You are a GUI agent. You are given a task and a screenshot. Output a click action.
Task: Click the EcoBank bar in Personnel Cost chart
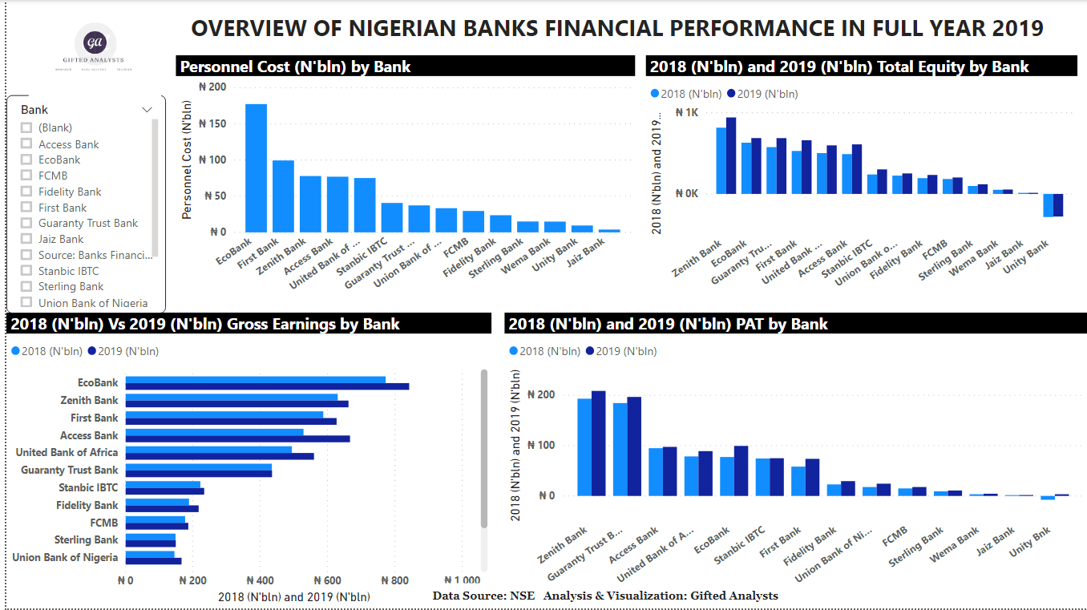256,168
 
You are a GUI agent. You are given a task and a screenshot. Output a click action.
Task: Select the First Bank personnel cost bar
283,196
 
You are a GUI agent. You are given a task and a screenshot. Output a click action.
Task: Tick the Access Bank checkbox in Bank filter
26,144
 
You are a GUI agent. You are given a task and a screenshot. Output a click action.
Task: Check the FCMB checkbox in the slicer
26,176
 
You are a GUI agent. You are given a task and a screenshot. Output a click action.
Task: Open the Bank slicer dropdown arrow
147,110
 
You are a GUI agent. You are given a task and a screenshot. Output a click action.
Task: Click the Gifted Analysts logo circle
95,42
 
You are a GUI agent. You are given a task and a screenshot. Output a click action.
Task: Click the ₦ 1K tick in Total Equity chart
686,113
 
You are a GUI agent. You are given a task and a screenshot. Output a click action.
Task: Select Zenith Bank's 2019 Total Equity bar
731,156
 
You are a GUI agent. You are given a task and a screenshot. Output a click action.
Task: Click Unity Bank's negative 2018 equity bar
1048,205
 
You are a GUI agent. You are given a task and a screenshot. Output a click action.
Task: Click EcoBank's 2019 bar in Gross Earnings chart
267,386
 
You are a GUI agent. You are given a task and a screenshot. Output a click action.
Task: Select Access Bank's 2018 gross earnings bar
214,432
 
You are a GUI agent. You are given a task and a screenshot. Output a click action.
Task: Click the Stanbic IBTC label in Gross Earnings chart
88,487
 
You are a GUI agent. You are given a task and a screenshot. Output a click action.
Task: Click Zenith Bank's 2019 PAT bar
598,443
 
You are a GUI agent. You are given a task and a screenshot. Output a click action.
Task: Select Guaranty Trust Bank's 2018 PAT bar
620,449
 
